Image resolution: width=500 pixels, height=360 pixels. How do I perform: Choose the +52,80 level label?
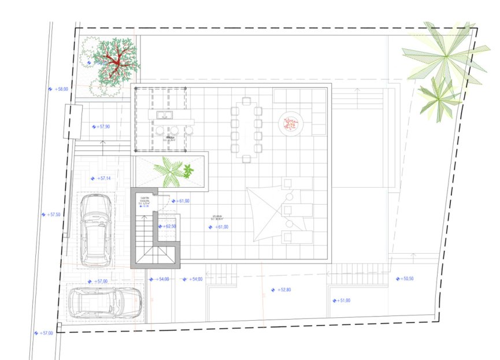click(284, 290)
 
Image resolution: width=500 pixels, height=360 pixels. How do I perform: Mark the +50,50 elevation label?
click(408, 279)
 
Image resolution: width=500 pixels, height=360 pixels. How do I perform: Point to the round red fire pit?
click(291, 123)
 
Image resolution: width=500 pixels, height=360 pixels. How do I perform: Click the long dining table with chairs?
click(247, 131)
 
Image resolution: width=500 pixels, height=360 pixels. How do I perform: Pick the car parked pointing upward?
click(97, 229)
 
